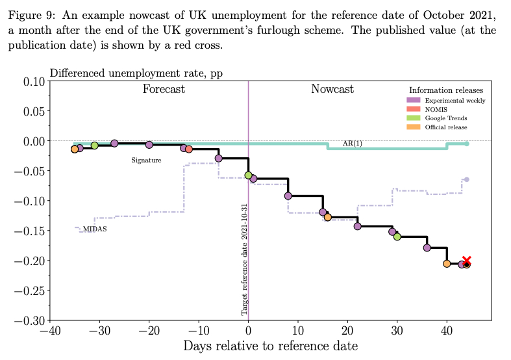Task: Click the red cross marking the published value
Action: point(466,261)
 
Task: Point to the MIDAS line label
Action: point(95,229)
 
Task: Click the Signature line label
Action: point(146,160)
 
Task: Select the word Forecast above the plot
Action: point(164,90)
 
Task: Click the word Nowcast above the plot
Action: point(332,90)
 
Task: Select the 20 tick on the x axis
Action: point(347,331)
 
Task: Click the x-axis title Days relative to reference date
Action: point(269,346)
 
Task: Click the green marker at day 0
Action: point(248,175)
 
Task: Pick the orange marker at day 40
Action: point(447,263)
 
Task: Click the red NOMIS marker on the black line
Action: point(189,149)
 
